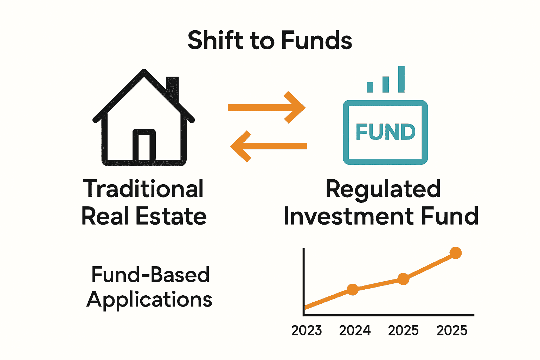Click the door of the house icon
coord(144,146)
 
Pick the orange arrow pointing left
coord(269,146)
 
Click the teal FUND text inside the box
coord(385,132)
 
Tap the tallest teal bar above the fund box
coord(401,79)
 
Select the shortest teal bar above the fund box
coord(369,87)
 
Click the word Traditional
coord(143,189)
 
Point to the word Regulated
coord(383,189)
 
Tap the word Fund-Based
coord(150,275)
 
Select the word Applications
coord(149,300)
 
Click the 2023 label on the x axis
coord(307,330)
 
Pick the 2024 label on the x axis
coord(355,330)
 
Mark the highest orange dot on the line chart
coord(456,253)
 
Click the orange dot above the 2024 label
coord(352,289)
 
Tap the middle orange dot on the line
coord(403,279)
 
